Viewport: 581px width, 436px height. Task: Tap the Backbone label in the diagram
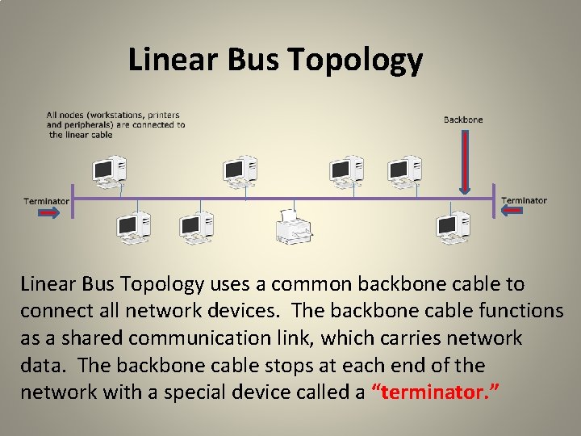coord(463,120)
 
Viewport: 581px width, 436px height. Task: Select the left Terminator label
coord(46,201)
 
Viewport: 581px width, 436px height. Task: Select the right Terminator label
coord(524,200)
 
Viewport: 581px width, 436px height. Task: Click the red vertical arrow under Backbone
coord(464,162)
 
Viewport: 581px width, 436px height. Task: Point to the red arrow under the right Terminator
coord(514,212)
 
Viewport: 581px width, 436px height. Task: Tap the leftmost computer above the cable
coord(109,170)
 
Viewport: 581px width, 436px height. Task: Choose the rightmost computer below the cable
coord(452,226)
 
